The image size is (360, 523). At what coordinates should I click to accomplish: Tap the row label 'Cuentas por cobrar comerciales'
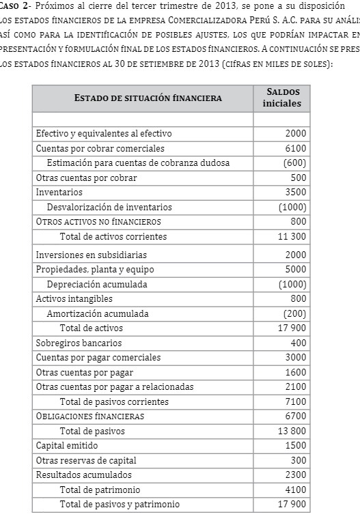(100, 148)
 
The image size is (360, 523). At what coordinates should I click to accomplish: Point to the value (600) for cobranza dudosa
(294, 162)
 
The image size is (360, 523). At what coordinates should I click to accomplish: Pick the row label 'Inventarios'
(59, 193)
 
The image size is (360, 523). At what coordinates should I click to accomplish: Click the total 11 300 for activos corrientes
(292, 237)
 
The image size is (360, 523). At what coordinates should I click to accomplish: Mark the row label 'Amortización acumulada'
(98, 313)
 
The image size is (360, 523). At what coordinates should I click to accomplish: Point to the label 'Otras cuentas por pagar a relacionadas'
(115, 387)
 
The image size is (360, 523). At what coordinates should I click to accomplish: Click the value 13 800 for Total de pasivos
(292, 431)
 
